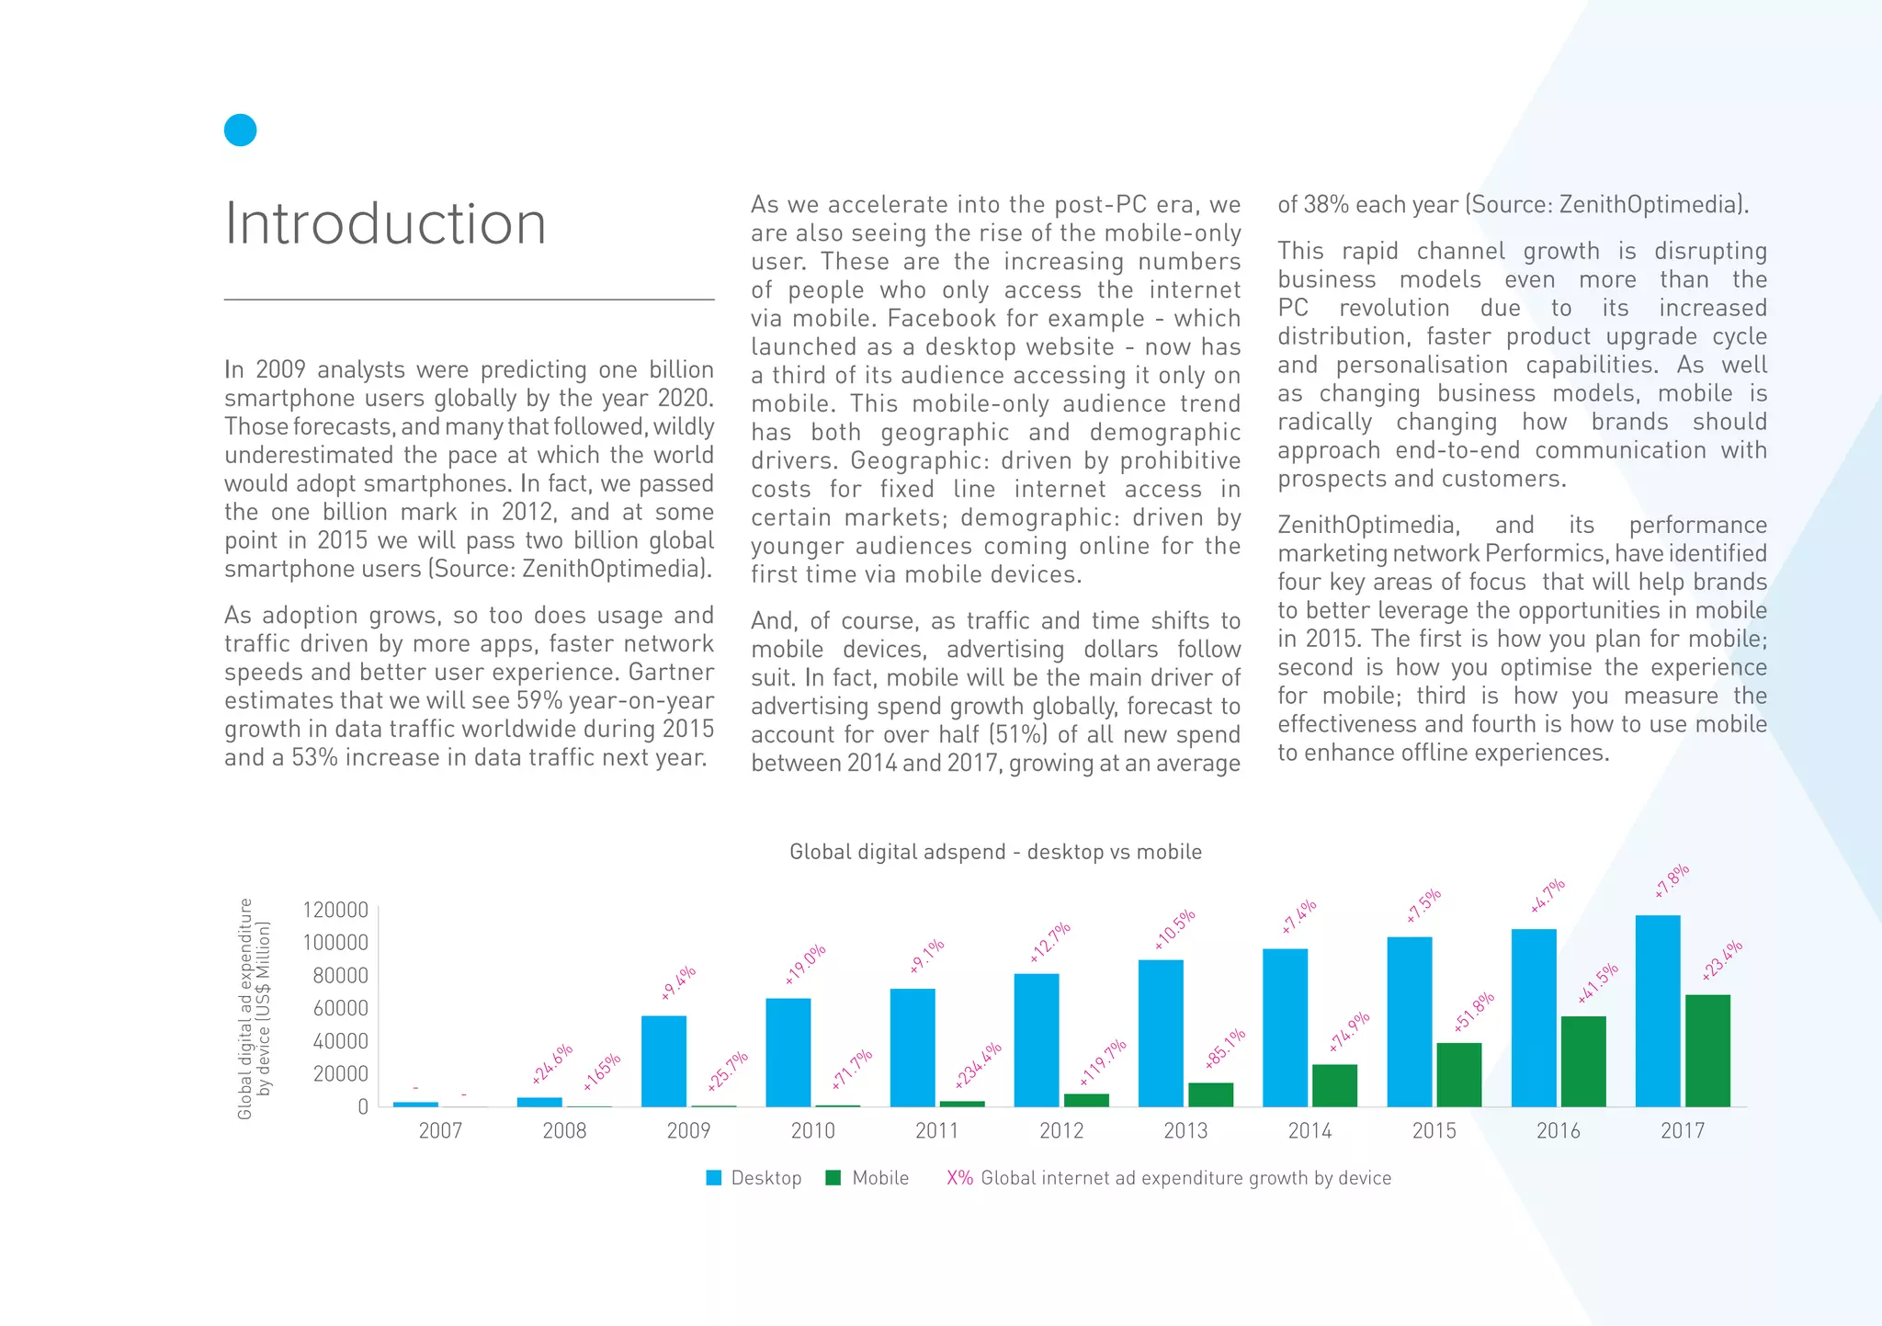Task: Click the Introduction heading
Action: coord(385,223)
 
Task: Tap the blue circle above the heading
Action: coord(240,130)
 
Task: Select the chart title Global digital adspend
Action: coord(995,852)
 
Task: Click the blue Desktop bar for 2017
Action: coord(1658,1011)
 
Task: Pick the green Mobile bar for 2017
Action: coord(1707,1050)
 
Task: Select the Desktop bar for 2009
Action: coord(663,1060)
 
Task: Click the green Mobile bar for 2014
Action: coord(1334,1085)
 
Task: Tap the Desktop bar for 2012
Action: coord(1037,1039)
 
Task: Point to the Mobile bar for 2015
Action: coord(1459,1074)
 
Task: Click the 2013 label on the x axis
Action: coord(1185,1131)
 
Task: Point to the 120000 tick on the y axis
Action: coord(335,911)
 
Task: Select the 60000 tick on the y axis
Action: coord(341,1008)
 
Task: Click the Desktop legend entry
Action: coord(754,1178)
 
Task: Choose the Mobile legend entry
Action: coord(867,1178)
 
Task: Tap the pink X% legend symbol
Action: coord(959,1178)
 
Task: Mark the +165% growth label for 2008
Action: coord(602,1071)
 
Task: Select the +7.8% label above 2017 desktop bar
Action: coord(1672,881)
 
